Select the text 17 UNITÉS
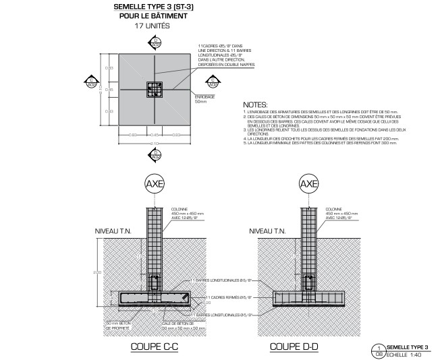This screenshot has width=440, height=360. point(153,26)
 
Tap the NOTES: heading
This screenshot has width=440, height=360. point(255,105)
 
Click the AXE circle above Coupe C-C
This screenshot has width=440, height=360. point(155,183)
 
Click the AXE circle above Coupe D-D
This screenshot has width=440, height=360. point(308,183)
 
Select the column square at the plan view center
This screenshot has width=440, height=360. point(155,89)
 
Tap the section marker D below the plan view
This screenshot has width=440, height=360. point(155,154)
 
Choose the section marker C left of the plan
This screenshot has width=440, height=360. point(90,82)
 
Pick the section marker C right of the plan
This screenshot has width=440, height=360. point(213,82)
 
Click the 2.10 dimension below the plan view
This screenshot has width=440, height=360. point(155,144)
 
